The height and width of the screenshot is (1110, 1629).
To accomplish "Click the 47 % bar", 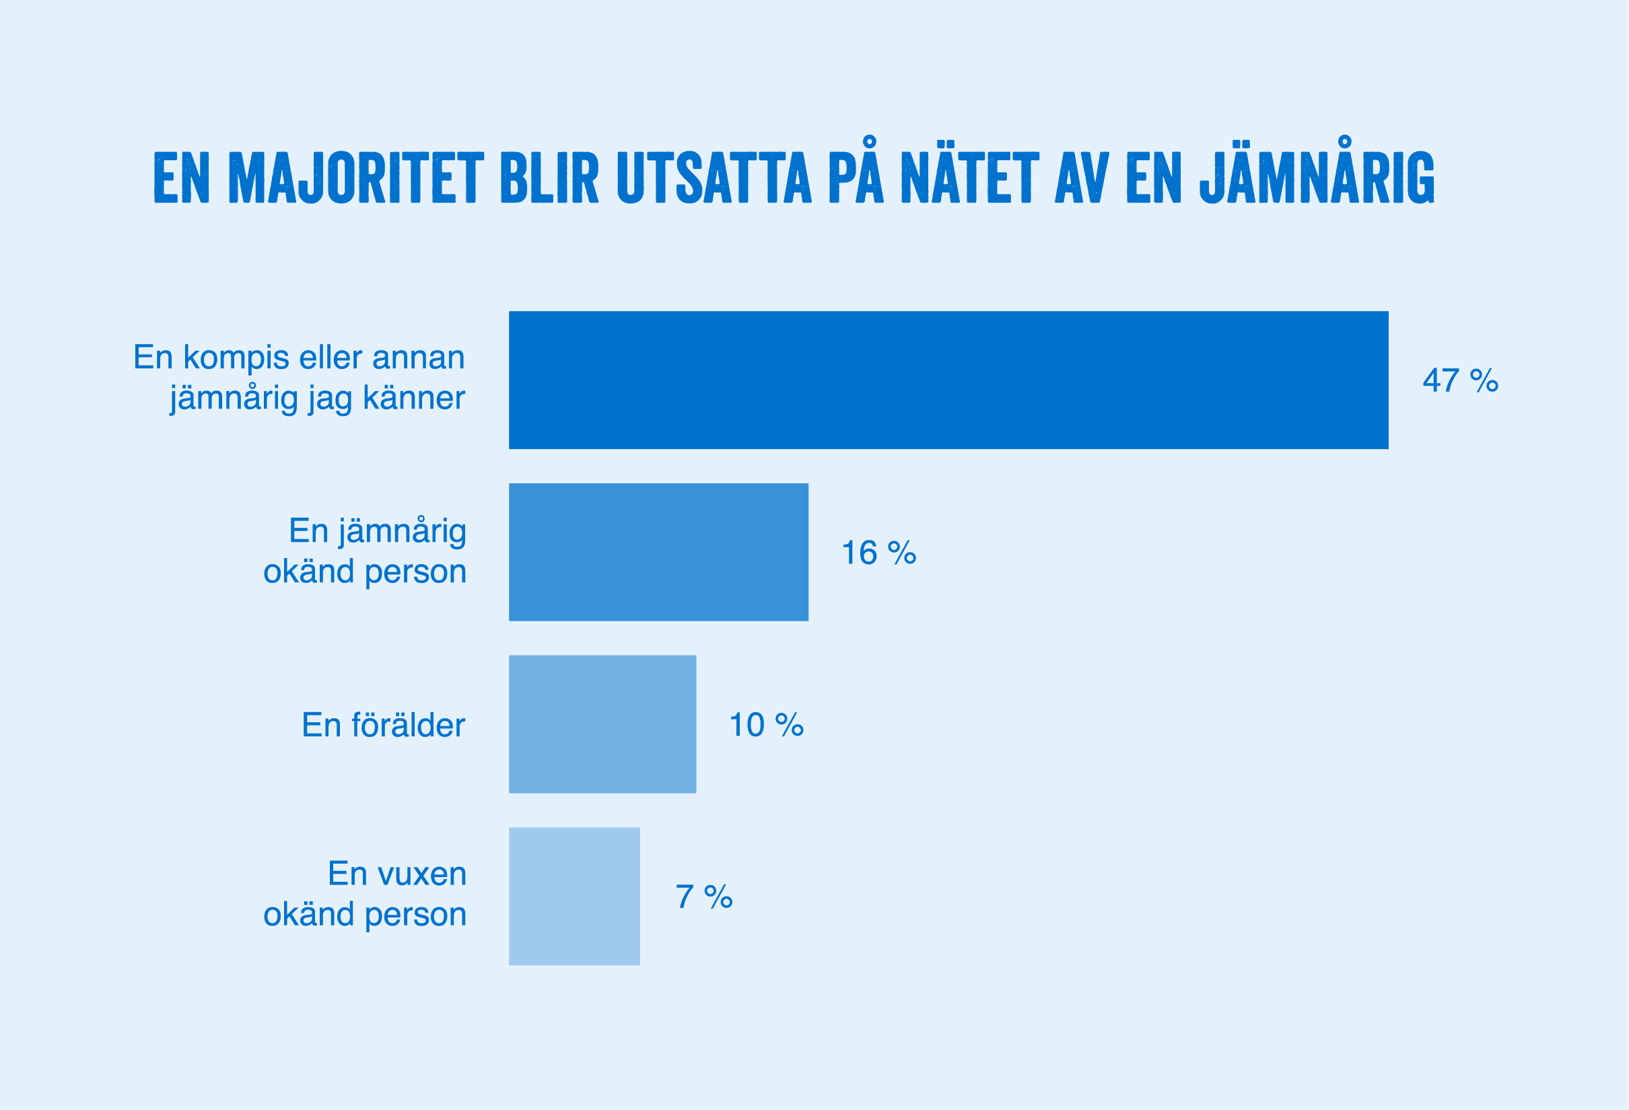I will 948,380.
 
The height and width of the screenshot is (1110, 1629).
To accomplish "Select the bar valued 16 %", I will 658,552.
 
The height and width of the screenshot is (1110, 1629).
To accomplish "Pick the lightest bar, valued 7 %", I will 574,896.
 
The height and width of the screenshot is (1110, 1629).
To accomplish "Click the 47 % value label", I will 1460,380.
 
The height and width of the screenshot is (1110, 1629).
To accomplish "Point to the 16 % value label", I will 878,553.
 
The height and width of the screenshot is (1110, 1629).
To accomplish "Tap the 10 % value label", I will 766,724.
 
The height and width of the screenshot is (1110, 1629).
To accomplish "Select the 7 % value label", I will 703,897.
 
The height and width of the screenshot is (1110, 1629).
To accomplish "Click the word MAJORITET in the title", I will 356,178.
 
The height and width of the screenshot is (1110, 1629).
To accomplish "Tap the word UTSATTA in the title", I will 714,178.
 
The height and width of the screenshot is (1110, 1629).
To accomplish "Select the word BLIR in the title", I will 549,178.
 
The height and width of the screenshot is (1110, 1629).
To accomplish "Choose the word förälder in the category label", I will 408,725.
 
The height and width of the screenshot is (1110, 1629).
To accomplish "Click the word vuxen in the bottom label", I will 422,874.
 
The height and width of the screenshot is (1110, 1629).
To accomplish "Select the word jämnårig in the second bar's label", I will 403,532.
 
